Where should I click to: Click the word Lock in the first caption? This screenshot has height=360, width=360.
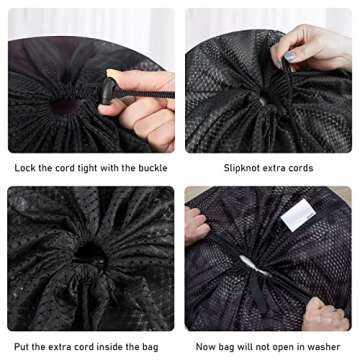[x=23, y=167]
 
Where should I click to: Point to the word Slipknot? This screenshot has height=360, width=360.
[x=245, y=167]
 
